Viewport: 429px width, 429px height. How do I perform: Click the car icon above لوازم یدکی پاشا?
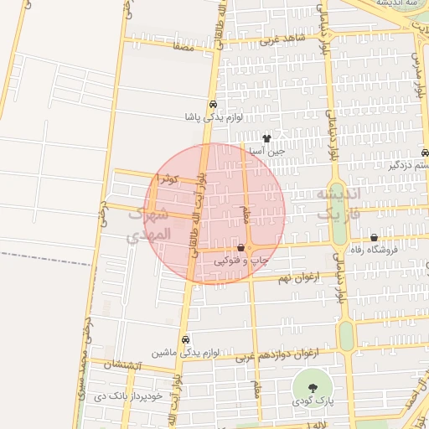tap(214, 105)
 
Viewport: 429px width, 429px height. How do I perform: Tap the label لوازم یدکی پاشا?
tap(214, 118)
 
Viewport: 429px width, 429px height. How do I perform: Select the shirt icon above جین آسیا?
tap(267, 138)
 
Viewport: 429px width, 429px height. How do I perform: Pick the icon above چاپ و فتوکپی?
tap(241, 248)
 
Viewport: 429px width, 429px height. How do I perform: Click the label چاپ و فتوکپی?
tap(241, 261)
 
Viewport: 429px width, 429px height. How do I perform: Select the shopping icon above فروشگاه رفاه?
tap(374, 237)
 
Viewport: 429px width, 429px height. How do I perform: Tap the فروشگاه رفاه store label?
tap(374, 250)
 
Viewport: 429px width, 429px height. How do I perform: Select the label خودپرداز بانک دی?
tap(138, 395)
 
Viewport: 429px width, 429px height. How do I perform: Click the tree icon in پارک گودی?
tap(313, 387)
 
